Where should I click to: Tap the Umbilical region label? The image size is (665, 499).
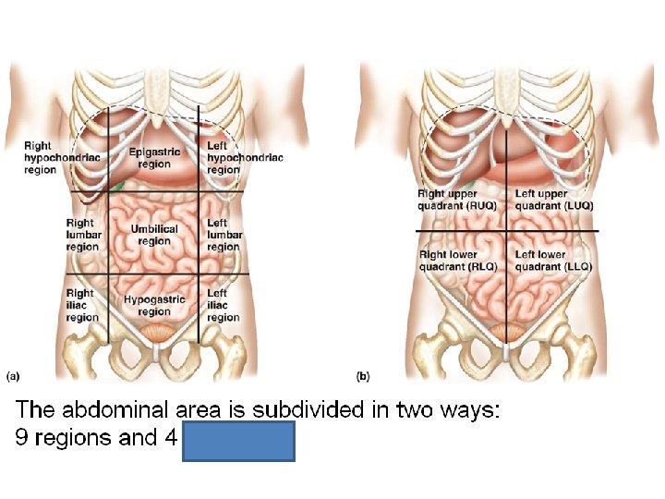pos(154,235)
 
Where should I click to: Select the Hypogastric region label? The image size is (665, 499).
pos(154,306)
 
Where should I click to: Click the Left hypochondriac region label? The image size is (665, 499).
pos(244,157)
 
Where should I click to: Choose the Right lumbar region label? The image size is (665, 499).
pos(82,235)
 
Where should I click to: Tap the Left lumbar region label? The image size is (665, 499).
pos(224,235)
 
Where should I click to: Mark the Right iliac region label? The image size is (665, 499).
pos(82,306)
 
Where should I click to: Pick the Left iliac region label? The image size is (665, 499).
pos(224,306)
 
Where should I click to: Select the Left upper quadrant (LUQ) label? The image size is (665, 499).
pos(553,200)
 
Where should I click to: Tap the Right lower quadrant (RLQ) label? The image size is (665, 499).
pos(458,261)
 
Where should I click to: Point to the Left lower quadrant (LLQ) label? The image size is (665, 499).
pos(553,261)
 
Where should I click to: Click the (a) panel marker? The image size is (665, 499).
pos(14,376)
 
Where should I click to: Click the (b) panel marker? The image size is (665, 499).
pos(363,376)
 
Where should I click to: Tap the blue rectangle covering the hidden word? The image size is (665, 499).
pos(239,441)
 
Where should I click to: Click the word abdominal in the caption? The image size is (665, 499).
pos(122,409)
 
